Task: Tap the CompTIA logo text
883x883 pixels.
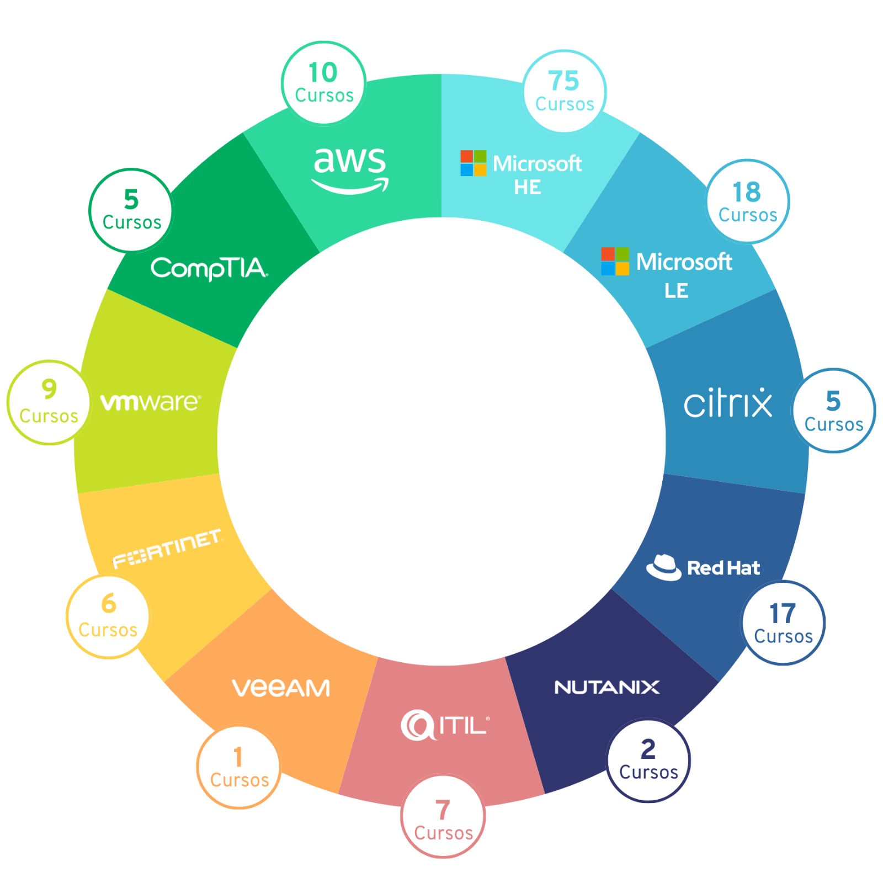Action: click(x=209, y=269)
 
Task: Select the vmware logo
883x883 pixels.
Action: click(x=151, y=402)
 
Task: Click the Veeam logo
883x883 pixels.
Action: click(x=281, y=688)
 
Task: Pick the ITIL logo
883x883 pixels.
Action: click(x=445, y=725)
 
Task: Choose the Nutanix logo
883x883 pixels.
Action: click(x=607, y=687)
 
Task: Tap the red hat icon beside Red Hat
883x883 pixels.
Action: click(x=664, y=567)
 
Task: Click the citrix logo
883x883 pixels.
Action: click(x=728, y=402)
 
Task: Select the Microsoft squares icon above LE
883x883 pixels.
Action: click(x=615, y=261)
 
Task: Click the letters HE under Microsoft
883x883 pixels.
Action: click(x=528, y=188)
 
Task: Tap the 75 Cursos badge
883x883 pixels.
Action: click(x=565, y=91)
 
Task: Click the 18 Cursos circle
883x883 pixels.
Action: click(x=748, y=201)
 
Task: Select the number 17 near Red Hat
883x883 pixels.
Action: click(x=783, y=613)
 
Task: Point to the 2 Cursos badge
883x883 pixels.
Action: click(x=648, y=760)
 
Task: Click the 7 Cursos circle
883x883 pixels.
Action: click(x=443, y=816)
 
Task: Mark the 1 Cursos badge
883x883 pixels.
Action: click(x=239, y=767)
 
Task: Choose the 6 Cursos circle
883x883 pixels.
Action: click(x=108, y=616)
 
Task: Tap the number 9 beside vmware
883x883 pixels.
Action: click(x=49, y=389)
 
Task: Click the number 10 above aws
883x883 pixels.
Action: click(x=323, y=72)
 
